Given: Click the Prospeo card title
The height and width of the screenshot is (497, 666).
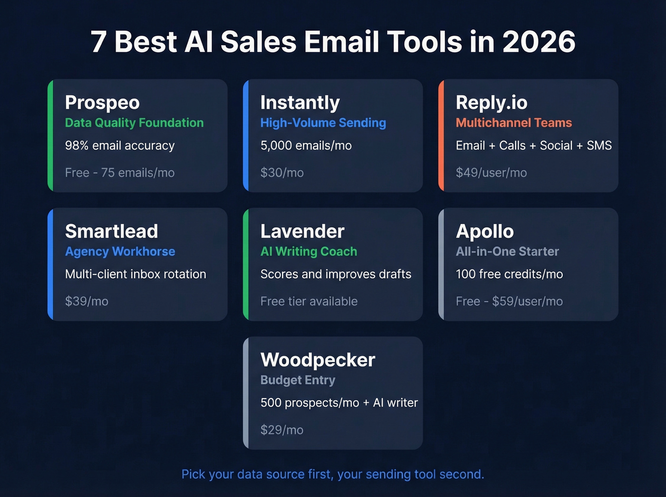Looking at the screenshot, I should click(x=102, y=103).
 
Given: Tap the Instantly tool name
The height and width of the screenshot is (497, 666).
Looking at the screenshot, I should click(x=300, y=103).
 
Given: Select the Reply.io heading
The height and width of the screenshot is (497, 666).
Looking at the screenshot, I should click(x=491, y=103).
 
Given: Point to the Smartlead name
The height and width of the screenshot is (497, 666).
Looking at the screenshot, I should click(x=111, y=232).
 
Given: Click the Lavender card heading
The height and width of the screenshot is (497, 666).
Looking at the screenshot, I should click(x=302, y=232).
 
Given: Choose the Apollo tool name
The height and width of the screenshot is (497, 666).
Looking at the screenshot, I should click(x=485, y=232).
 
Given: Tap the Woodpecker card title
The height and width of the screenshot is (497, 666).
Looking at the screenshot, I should click(x=318, y=360).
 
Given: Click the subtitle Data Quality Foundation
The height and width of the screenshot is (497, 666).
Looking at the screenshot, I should click(x=134, y=123).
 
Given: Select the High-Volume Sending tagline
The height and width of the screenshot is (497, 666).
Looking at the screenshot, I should click(x=323, y=123).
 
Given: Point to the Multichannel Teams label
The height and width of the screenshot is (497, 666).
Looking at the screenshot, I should click(x=514, y=123).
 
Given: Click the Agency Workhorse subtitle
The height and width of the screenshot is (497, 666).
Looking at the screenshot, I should click(x=120, y=252).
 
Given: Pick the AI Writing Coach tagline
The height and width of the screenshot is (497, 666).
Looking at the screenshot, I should click(x=309, y=252).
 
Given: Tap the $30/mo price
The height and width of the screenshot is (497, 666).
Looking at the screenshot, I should click(x=282, y=173).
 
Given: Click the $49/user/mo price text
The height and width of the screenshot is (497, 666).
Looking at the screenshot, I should click(x=491, y=173).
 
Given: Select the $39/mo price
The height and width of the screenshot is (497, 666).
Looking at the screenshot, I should click(x=87, y=302).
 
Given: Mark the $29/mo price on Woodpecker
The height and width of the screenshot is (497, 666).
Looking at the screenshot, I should click(x=282, y=430).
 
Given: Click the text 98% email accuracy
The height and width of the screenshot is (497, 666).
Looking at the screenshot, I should click(x=120, y=146).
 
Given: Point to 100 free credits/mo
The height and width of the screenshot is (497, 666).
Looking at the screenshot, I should click(x=509, y=274).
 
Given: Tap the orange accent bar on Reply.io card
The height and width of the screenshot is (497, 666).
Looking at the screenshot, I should click(x=441, y=136).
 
